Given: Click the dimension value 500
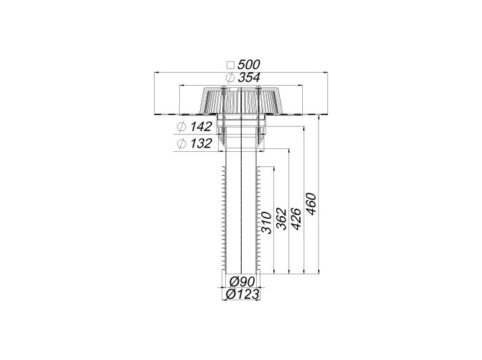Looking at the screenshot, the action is pyautogui.click(x=249, y=65).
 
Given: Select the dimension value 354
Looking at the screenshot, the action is pyautogui.click(x=249, y=78).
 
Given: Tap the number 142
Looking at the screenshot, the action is pyautogui.click(x=201, y=127).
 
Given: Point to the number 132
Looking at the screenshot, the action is pyautogui.click(x=201, y=143).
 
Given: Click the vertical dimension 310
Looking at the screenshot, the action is pyautogui.click(x=266, y=222).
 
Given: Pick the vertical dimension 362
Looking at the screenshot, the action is pyautogui.click(x=281, y=219).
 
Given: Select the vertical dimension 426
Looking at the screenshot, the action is pyautogui.click(x=296, y=219).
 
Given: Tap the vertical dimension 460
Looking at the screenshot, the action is pyautogui.click(x=311, y=204).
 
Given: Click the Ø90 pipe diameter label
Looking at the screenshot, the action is pyautogui.click(x=242, y=282).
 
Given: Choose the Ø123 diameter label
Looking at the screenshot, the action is pyautogui.click(x=242, y=294).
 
